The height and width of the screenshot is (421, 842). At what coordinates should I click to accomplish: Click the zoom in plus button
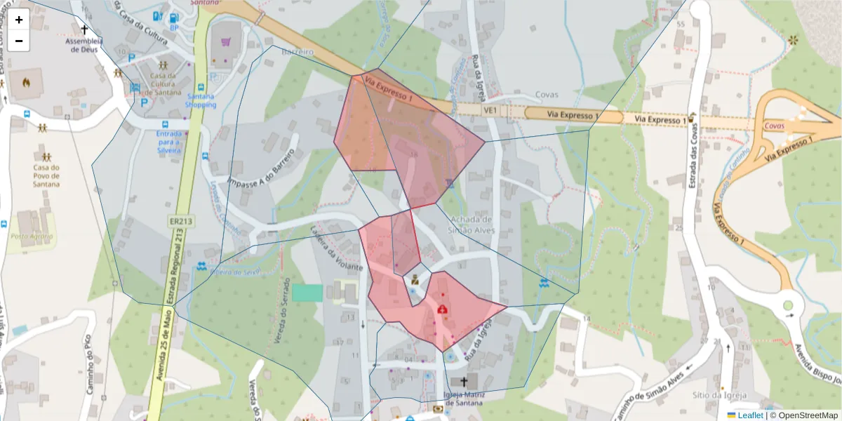[19, 20]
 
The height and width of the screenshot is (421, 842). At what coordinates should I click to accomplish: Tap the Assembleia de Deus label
[84, 45]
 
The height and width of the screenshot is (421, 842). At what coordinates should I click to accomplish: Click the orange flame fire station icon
[27, 82]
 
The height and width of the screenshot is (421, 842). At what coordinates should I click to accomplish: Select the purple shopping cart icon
[225, 41]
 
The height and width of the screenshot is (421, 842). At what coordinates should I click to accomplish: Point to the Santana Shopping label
[201, 100]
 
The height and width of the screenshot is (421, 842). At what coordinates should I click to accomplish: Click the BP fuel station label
[174, 28]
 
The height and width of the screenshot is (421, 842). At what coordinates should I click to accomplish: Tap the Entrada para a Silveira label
[168, 141]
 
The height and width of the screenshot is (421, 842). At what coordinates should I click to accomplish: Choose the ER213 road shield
[181, 221]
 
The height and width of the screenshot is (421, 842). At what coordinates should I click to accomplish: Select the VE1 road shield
[490, 110]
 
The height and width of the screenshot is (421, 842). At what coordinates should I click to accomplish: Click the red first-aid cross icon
[443, 309]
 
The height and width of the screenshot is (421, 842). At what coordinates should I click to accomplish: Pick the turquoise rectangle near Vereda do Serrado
[307, 293]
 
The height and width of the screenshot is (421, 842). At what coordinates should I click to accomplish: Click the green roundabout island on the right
[788, 306]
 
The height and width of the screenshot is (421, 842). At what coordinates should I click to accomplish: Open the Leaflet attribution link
[749, 415]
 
